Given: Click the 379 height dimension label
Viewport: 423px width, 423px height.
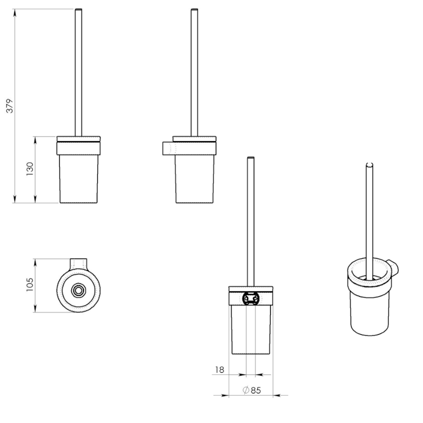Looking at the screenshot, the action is [10, 106].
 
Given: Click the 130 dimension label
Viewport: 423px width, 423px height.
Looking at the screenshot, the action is [30, 169].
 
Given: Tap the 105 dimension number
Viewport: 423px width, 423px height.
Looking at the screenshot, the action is [30, 284].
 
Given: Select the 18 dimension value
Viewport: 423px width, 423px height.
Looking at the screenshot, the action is [219, 370].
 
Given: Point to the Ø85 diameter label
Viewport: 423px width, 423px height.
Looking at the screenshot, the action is [252, 390].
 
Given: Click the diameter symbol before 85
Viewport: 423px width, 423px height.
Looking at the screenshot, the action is [246, 390].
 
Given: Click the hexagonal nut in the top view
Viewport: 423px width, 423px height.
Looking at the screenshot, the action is [78, 290].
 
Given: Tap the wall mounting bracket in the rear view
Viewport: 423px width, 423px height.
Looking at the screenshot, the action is [251, 298].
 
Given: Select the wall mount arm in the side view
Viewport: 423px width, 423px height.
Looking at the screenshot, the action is [169, 149].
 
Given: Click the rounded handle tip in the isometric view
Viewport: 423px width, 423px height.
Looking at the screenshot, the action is [370, 164].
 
